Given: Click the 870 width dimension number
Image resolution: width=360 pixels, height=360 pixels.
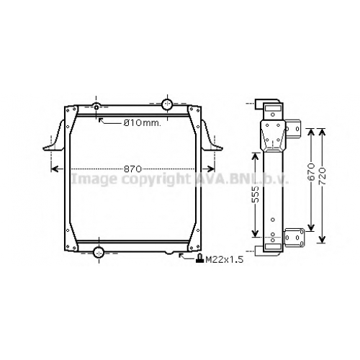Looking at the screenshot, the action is tap(132, 169).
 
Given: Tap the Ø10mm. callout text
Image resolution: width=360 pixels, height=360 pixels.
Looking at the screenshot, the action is tap(142, 123).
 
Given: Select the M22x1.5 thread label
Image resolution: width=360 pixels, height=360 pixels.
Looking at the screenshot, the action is tap(225, 259).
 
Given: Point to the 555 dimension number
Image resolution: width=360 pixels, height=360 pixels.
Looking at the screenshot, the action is tap(256, 194).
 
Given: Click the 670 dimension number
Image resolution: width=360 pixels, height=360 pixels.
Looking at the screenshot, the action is tap(311, 172).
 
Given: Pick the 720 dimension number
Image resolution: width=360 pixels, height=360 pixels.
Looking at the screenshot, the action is tap(323, 176).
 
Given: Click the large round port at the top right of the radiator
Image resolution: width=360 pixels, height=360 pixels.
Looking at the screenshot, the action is tap(167, 104).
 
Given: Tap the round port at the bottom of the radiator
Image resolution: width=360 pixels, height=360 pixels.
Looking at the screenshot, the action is tap(99, 252).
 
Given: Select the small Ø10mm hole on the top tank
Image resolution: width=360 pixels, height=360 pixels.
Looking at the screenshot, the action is tap(96, 107).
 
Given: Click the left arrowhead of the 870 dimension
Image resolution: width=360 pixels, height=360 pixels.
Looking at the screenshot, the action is tap(54, 169).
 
